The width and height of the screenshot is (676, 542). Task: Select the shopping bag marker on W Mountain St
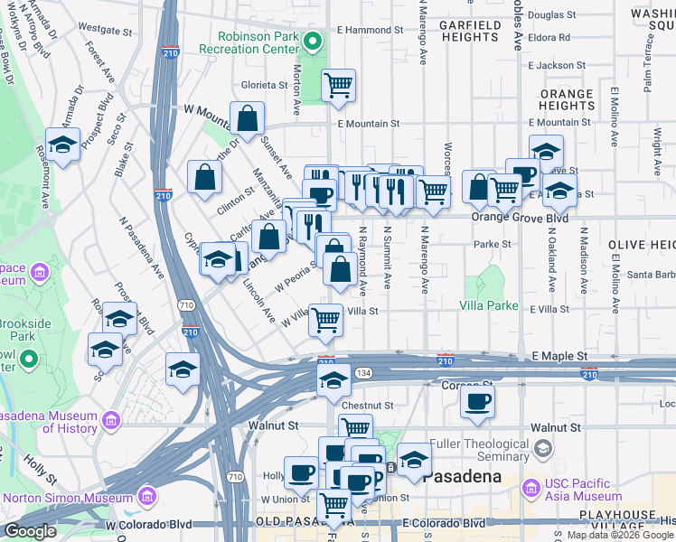247,118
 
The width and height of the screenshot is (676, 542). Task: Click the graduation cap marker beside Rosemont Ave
62,145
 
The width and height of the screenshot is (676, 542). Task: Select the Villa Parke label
488,305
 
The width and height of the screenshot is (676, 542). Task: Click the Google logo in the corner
30,531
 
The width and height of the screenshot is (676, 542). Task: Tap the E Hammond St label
368,30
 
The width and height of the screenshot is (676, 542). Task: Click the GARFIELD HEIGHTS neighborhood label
469,32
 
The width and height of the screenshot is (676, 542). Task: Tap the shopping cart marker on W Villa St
325,318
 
